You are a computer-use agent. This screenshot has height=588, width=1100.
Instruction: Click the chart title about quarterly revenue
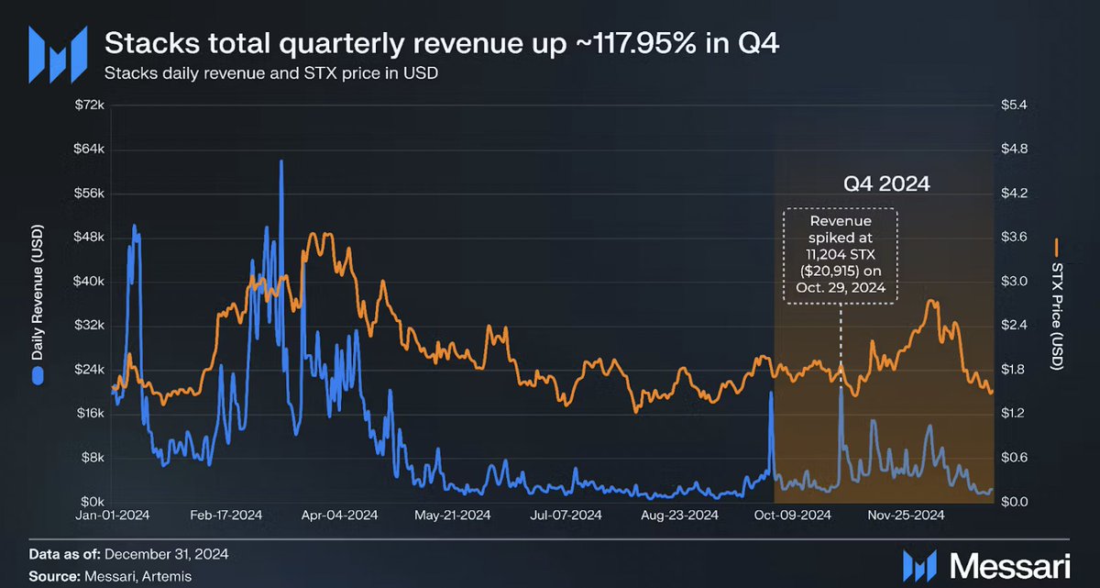point(443,43)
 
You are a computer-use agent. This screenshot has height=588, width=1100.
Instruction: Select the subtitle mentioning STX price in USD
point(270,73)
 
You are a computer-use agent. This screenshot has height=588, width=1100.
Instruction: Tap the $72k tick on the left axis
point(88,105)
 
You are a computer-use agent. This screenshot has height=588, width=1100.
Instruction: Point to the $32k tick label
point(88,326)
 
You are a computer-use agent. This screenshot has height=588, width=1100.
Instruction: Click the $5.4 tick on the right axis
point(1023,105)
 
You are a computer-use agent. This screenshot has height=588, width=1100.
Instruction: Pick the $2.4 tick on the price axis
point(1023,326)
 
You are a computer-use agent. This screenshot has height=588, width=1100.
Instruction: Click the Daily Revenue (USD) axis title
point(38,303)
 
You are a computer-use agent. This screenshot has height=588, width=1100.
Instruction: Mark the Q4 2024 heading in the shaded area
point(886,184)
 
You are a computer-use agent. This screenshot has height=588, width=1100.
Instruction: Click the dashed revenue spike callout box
point(841,255)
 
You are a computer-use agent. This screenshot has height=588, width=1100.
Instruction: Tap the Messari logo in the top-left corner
point(58,53)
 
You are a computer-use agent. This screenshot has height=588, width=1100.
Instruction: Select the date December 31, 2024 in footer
point(167,554)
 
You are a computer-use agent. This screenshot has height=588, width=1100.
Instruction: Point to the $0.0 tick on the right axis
point(1023,502)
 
